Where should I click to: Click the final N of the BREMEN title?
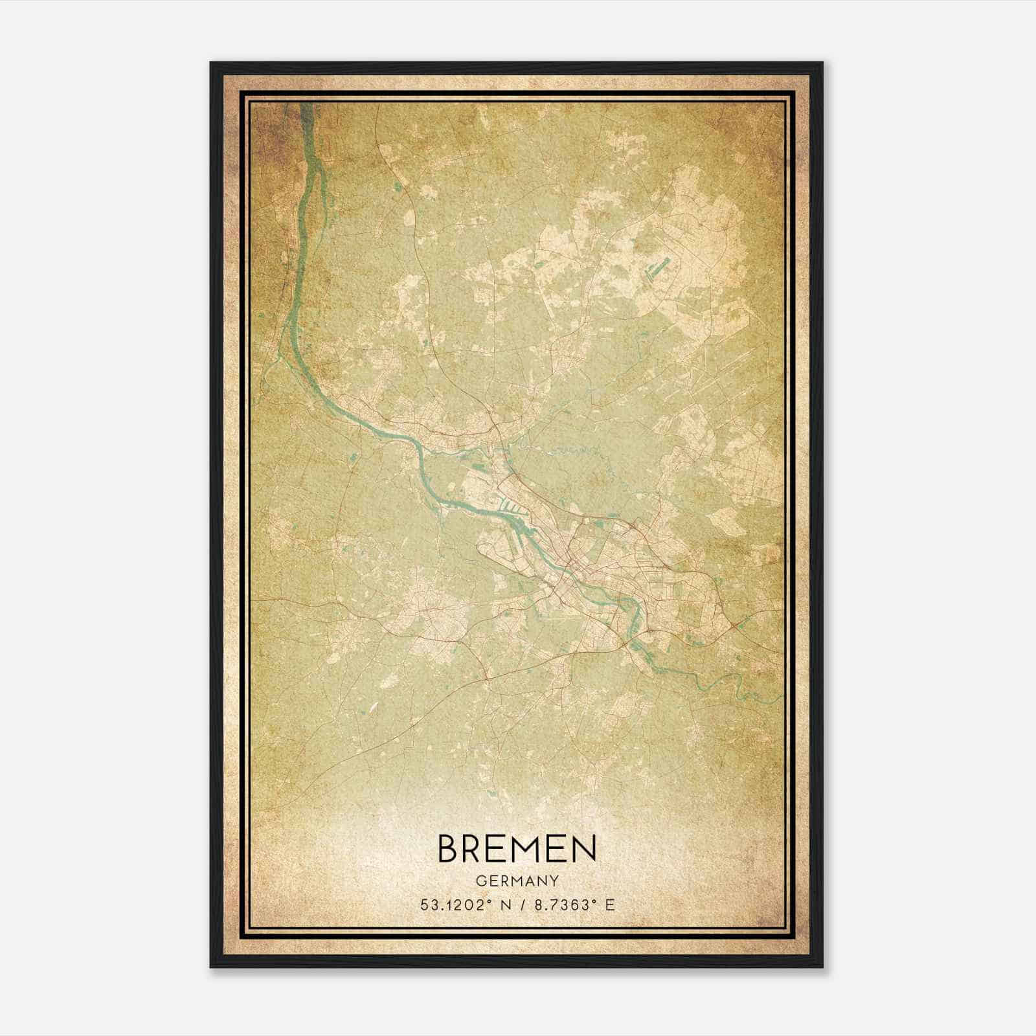[582, 848]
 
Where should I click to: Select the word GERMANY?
[517, 881]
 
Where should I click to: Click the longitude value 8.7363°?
[562, 905]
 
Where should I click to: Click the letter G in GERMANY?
[480, 881]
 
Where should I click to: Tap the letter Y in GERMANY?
[555, 881]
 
